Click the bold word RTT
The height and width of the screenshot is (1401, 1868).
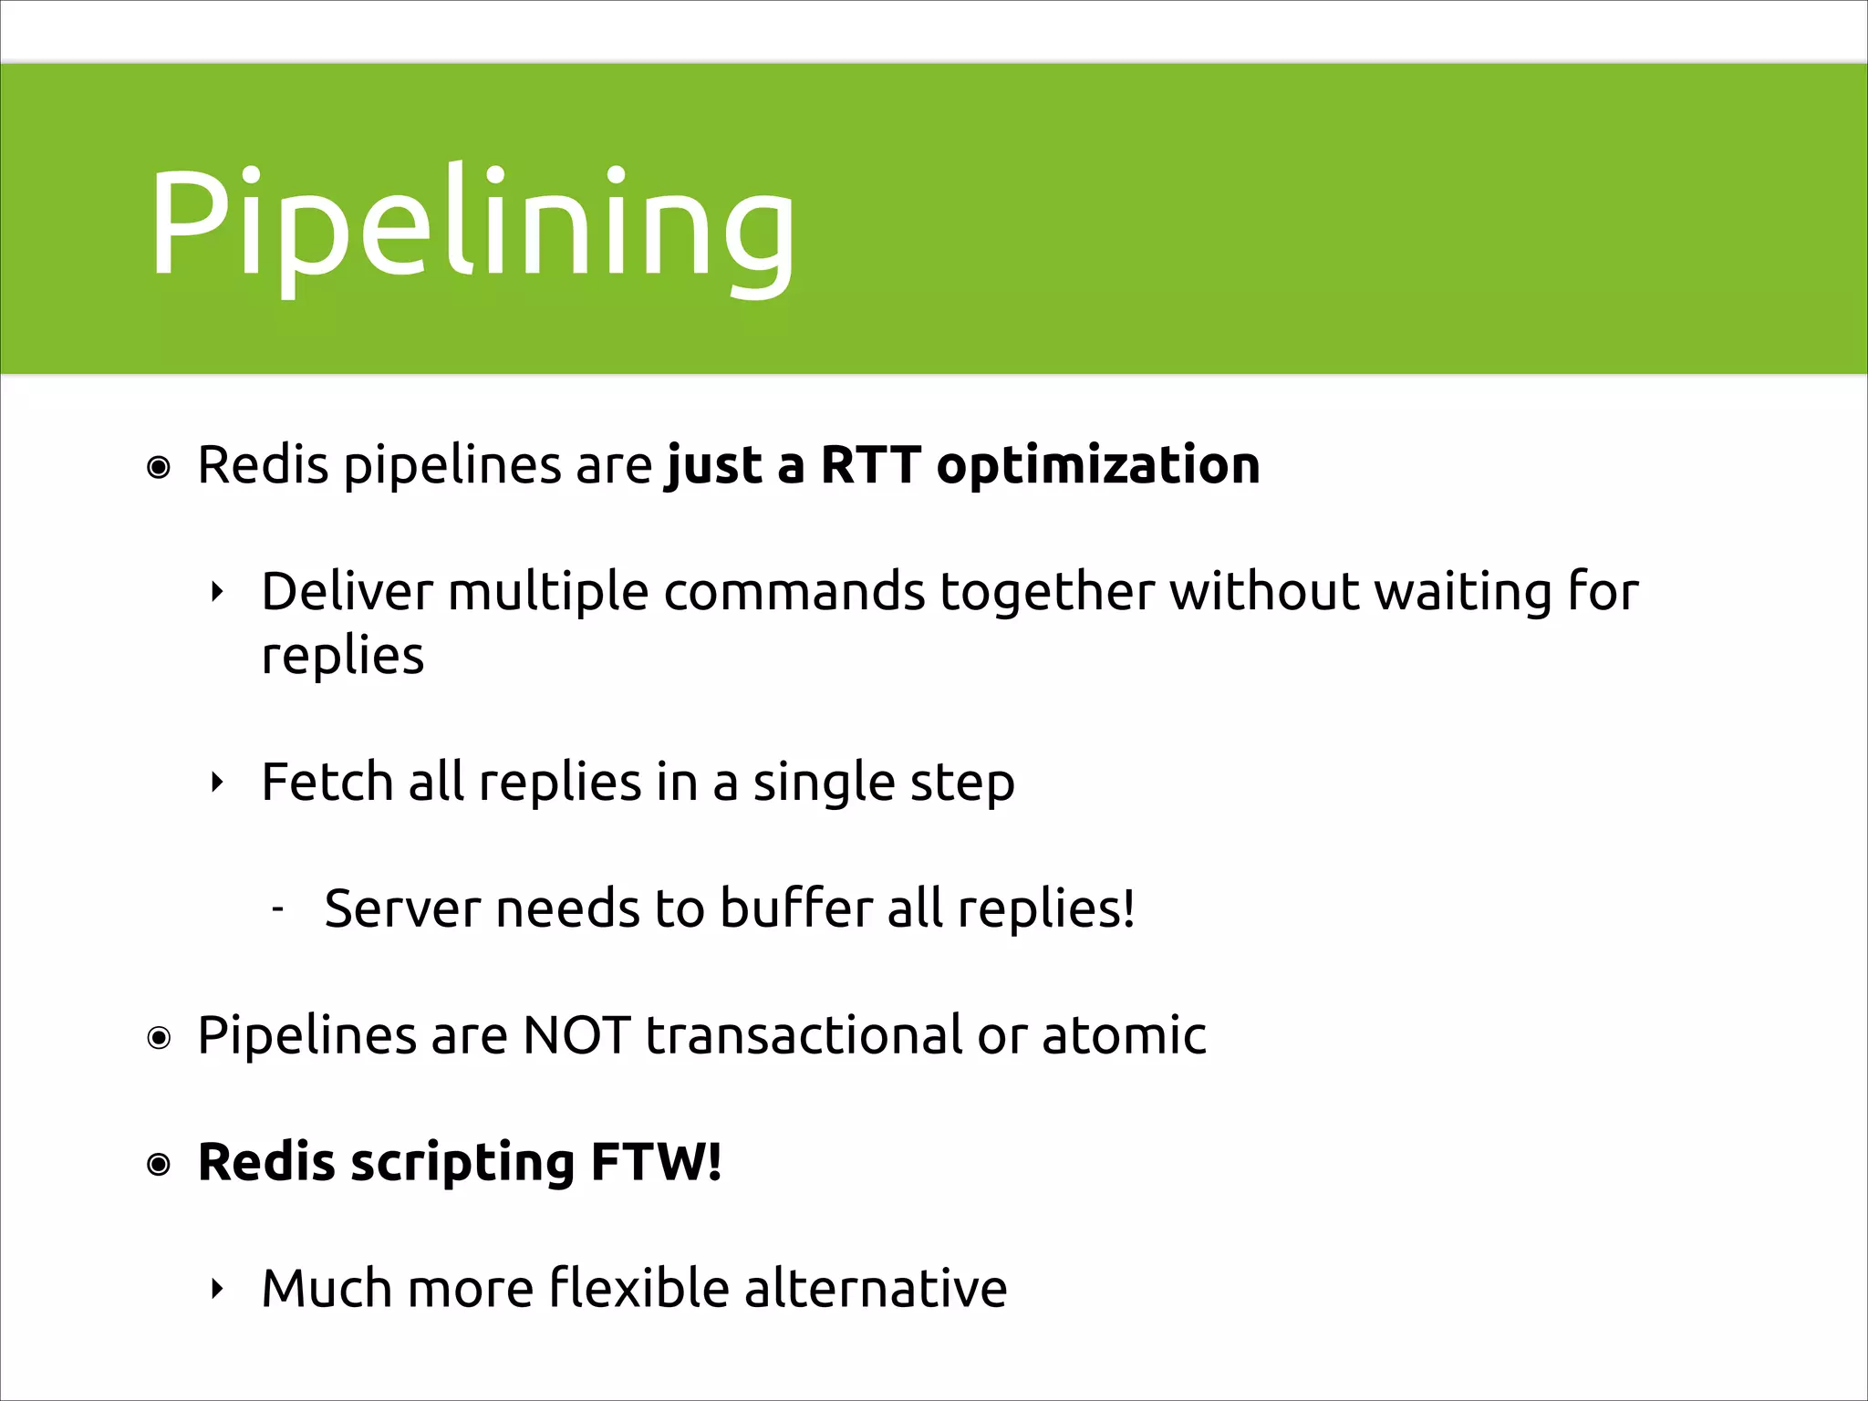[870, 465]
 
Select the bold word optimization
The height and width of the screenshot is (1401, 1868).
[1098, 467]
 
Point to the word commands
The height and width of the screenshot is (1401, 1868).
[794, 591]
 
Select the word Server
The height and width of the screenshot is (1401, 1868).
[401, 908]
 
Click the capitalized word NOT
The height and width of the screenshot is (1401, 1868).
[576, 1035]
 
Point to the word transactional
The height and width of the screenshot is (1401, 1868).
[804, 1035]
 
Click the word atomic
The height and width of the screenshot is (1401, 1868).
[1124, 1035]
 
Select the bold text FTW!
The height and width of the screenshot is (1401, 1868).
[656, 1162]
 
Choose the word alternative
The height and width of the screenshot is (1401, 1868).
[876, 1288]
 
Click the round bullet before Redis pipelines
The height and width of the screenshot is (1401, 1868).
[159, 469]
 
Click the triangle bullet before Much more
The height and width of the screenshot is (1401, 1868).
[216, 1289]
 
